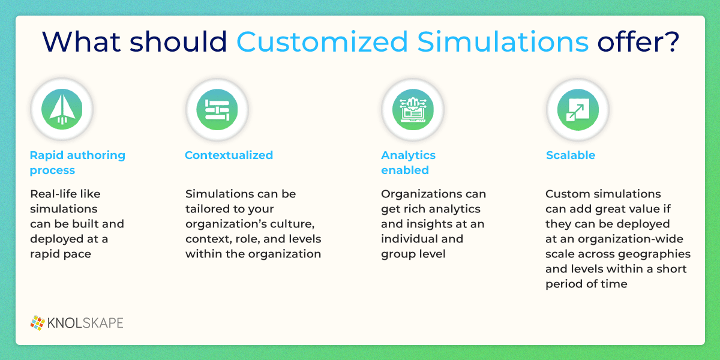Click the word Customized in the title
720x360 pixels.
322,42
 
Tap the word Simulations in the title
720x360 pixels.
503,41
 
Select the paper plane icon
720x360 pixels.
62,109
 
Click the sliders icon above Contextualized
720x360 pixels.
217,110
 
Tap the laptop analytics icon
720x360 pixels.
413,110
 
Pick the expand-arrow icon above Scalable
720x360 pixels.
578,110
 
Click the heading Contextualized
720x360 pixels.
229,155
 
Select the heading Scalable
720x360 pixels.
571,155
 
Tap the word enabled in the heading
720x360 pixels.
405,170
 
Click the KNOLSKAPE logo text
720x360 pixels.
85,323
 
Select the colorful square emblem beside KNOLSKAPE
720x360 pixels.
38,323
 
